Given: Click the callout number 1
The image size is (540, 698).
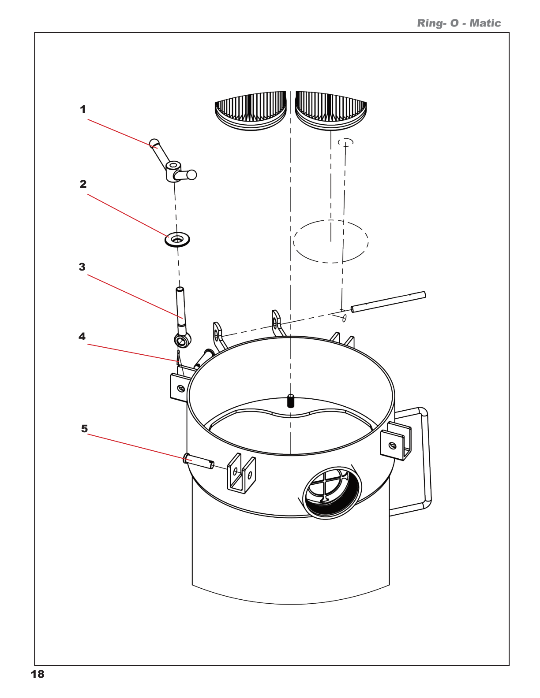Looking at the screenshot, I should [x=82, y=109].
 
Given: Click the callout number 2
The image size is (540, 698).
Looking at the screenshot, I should [x=83, y=184].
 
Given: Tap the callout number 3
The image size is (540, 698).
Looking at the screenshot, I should [x=82, y=267].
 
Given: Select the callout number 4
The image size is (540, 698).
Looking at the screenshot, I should [x=82, y=337].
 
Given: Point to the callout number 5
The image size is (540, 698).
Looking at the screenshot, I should [x=84, y=429].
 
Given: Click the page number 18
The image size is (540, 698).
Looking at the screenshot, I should [x=38, y=674].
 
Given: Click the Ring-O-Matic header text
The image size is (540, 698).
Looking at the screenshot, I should [x=459, y=23].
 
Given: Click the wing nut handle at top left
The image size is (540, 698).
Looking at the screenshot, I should [x=175, y=167].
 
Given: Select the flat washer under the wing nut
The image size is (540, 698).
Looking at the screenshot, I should [x=177, y=240].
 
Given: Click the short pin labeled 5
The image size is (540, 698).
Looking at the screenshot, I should [x=199, y=461].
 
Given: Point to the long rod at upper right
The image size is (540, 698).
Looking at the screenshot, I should [x=388, y=302].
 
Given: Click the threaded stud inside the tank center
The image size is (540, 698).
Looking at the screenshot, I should [x=290, y=401].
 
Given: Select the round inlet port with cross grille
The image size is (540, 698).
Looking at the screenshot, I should [x=331, y=491].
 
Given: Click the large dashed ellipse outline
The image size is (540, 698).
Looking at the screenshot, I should [x=331, y=241].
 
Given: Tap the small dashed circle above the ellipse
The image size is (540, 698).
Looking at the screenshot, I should [x=346, y=142].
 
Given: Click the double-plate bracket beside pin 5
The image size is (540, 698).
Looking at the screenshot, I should [x=241, y=474].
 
